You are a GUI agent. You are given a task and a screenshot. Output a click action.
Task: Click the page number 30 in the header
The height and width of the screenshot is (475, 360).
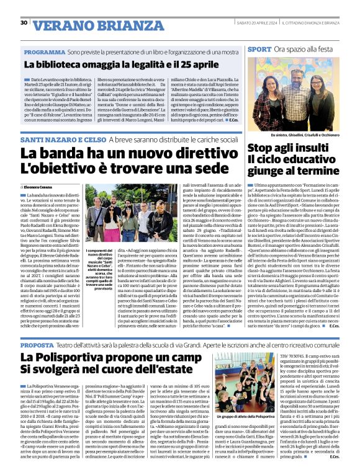tap(24, 23)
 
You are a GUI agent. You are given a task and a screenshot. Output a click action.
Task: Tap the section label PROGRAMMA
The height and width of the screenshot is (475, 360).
tap(45, 53)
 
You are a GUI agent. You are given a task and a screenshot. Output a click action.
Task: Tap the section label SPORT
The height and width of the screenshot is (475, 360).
tap(259, 48)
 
